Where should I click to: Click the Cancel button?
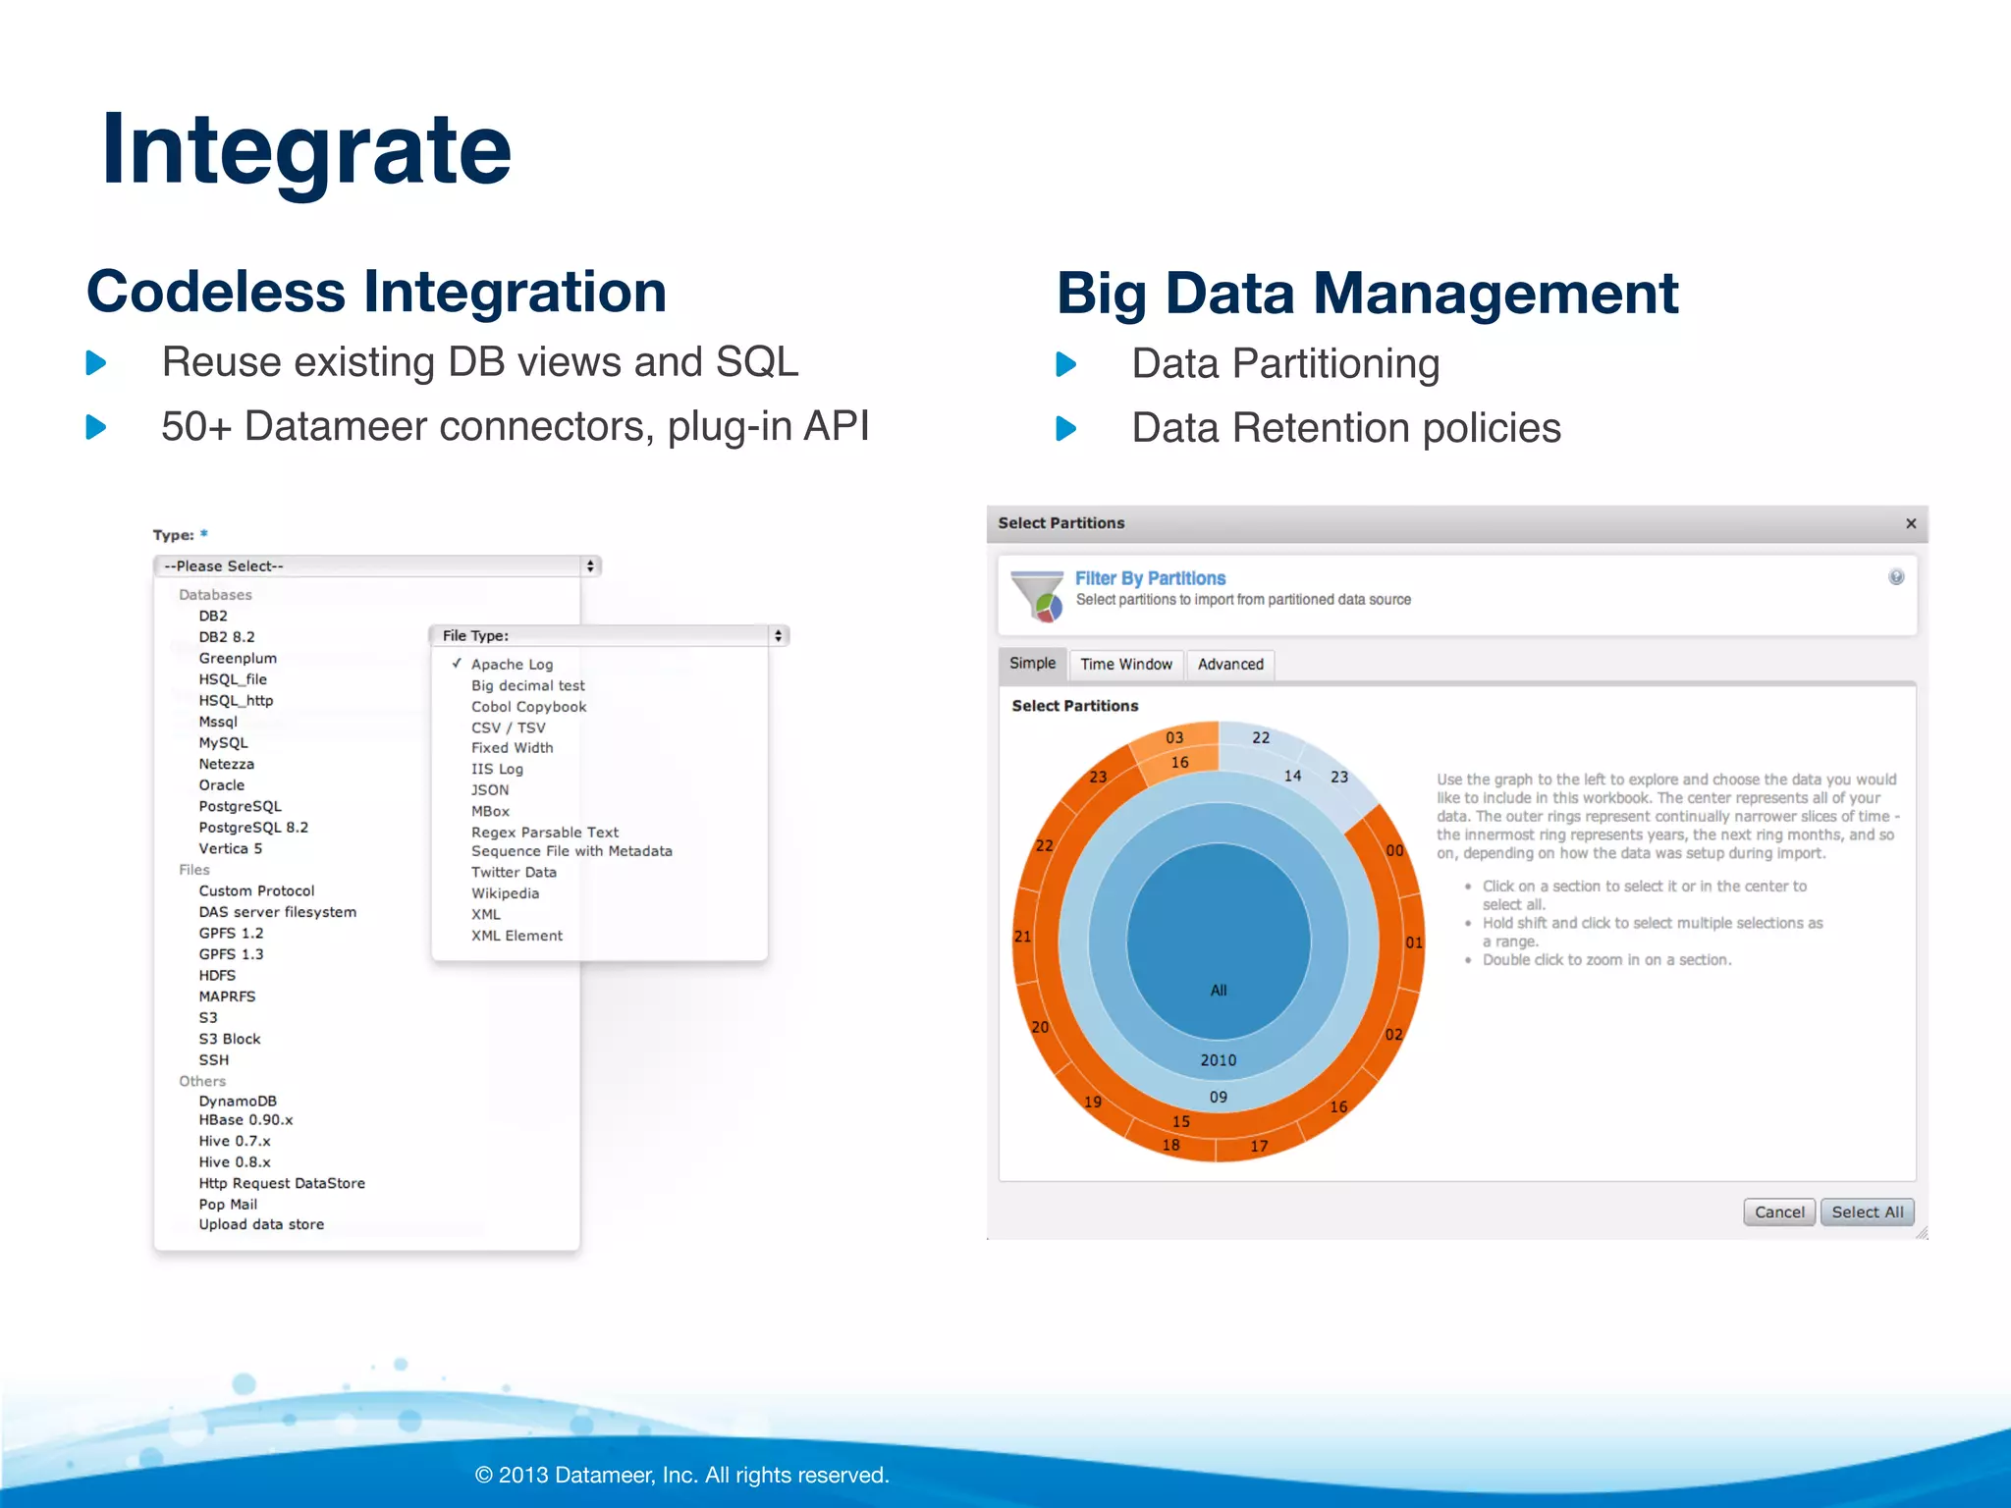coord(1778,1212)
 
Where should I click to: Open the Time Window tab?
coord(1125,665)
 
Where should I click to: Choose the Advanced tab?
coord(1230,665)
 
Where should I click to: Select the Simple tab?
coord(1032,664)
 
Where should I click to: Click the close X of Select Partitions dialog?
coord(1911,524)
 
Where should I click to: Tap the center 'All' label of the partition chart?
coord(1219,990)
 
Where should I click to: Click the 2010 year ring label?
coord(1219,1060)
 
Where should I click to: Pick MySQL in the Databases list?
coord(224,743)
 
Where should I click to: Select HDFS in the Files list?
coord(217,976)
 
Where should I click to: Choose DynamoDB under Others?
coord(238,1102)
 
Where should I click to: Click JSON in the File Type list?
coord(490,790)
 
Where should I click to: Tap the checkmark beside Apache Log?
coord(457,664)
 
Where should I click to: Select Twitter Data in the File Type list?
coord(514,873)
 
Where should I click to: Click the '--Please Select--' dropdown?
coord(377,566)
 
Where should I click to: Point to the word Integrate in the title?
coord(306,149)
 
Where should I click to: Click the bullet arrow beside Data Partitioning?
coord(1066,365)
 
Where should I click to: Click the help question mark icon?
coord(1896,577)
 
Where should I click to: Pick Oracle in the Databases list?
coord(222,785)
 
